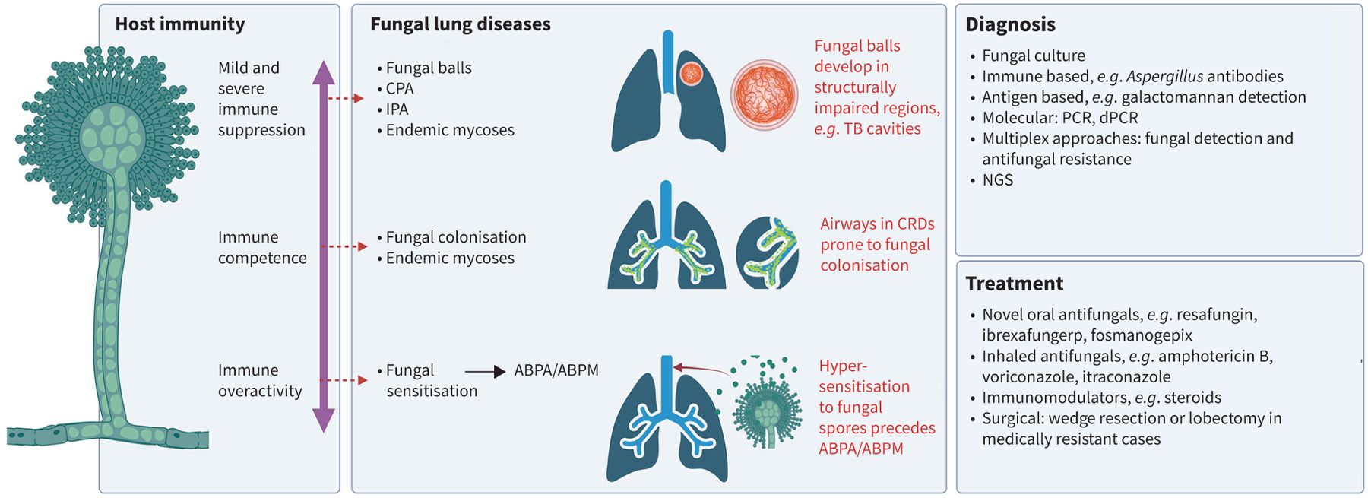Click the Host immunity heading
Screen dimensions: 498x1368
[180, 24]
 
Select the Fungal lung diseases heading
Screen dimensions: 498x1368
[460, 24]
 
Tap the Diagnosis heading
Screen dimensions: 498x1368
[1010, 24]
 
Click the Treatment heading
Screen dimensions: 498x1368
[1014, 284]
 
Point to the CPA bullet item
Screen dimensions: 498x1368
[399, 89]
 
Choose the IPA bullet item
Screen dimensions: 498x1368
[397, 109]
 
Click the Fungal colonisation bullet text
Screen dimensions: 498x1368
[455, 237]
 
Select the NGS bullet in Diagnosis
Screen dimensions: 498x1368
[997, 180]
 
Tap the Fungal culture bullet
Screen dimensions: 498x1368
[1033, 56]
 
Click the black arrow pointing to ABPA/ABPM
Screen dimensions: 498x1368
[485, 371]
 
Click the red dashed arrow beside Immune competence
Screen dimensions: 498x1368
[344, 246]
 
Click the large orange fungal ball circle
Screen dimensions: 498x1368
[765, 95]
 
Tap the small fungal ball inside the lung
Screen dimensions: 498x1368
[691, 73]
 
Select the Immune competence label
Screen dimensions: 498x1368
[262, 248]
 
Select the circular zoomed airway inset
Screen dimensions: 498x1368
[768, 252]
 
